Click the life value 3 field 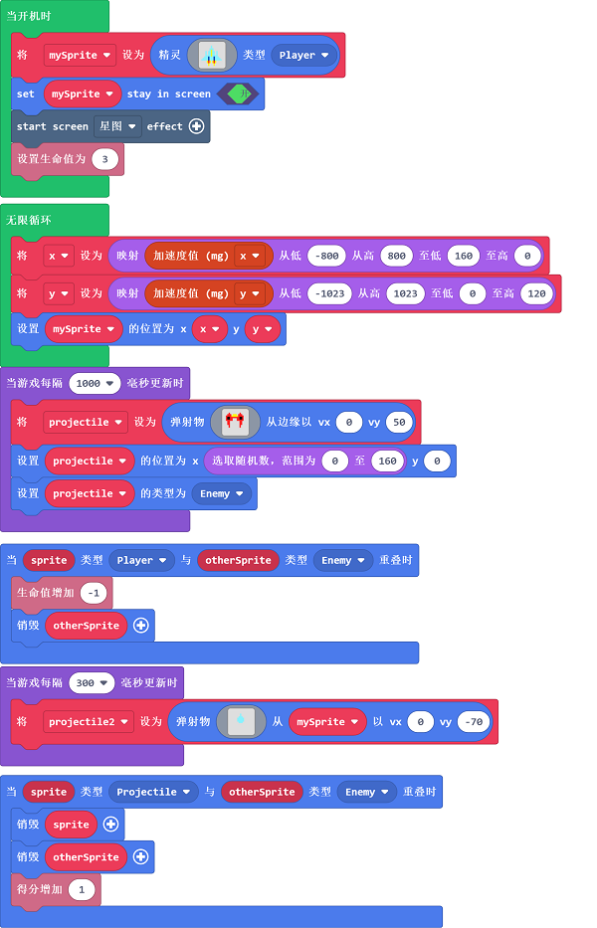coord(105,159)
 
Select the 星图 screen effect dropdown coord(117,126)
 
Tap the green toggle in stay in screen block coord(238,94)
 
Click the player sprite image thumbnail coord(210,56)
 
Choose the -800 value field coord(326,256)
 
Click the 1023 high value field coord(404,294)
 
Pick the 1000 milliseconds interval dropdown coord(96,383)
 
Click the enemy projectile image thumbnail coord(235,422)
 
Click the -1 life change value coord(95,593)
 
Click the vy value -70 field coord(474,722)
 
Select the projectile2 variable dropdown coord(88,722)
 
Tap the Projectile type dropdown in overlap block coord(152,792)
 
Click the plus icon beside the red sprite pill coord(110,825)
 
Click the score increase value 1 coord(82,889)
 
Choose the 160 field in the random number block coord(387,461)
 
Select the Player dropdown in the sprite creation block coord(303,56)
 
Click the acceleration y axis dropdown coord(249,294)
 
